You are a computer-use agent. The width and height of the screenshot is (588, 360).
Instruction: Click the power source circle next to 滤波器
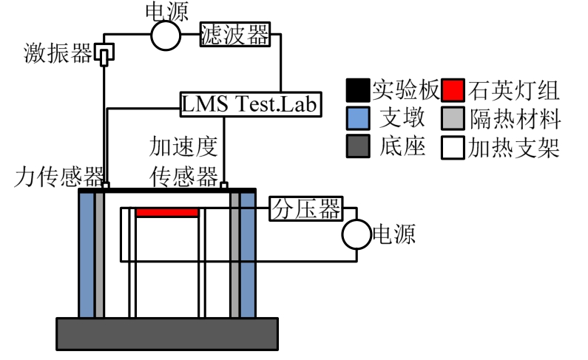[x=166, y=34]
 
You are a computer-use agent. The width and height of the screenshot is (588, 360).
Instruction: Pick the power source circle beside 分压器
[x=356, y=236]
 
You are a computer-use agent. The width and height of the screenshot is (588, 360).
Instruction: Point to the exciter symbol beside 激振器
[x=106, y=55]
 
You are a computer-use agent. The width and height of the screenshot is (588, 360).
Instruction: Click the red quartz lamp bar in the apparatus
[x=167, y=212]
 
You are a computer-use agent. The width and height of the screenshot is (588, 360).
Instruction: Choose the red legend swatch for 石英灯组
[x=454, y=91]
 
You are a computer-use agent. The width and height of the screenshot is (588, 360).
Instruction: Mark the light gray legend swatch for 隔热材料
[x=454, y=119]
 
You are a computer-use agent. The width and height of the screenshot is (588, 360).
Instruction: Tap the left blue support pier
[x=87, y=254]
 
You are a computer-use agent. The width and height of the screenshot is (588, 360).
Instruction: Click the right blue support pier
[x=248, y=254]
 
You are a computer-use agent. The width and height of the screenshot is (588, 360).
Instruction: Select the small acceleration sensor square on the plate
[x=224, y=185]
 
